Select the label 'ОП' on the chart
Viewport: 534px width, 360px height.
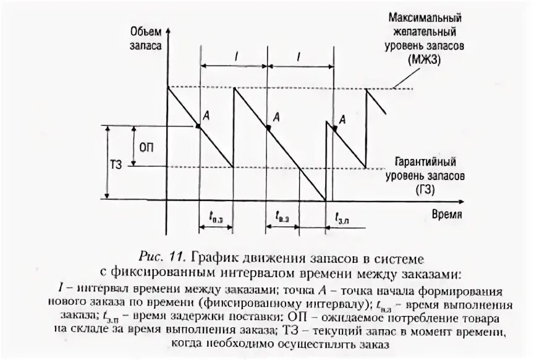146,147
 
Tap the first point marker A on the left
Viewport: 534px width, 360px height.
197,126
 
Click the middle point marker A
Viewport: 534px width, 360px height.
268,127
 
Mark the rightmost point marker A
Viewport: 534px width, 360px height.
334,128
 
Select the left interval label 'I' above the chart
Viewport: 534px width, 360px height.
237,56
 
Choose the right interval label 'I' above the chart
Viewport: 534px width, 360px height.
299,56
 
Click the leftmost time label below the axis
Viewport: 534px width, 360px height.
216,216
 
